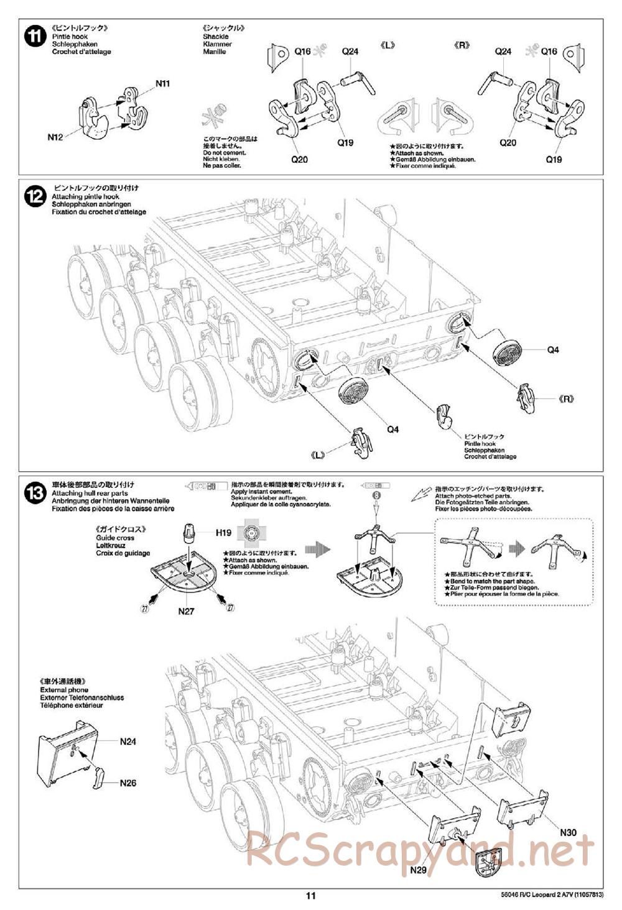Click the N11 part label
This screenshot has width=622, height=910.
click(162, 83)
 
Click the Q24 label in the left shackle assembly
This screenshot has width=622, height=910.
click(350, 52)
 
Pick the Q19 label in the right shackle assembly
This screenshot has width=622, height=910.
click(554, 159)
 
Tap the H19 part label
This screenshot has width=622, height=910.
click(223, 532)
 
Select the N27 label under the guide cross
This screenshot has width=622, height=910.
click(186, 611)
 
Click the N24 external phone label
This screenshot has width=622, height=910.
click(128, 741)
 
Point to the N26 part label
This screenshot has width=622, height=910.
click(128, 783)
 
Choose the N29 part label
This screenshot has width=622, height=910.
click(419, 870)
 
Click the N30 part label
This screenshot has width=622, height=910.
click(568, 833)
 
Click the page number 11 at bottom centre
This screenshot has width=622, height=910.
click(311, 896)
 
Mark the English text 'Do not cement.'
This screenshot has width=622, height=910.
click(225, 152)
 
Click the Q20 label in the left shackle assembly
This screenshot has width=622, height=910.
click(299, 159)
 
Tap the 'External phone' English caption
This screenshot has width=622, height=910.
click(64, 690)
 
